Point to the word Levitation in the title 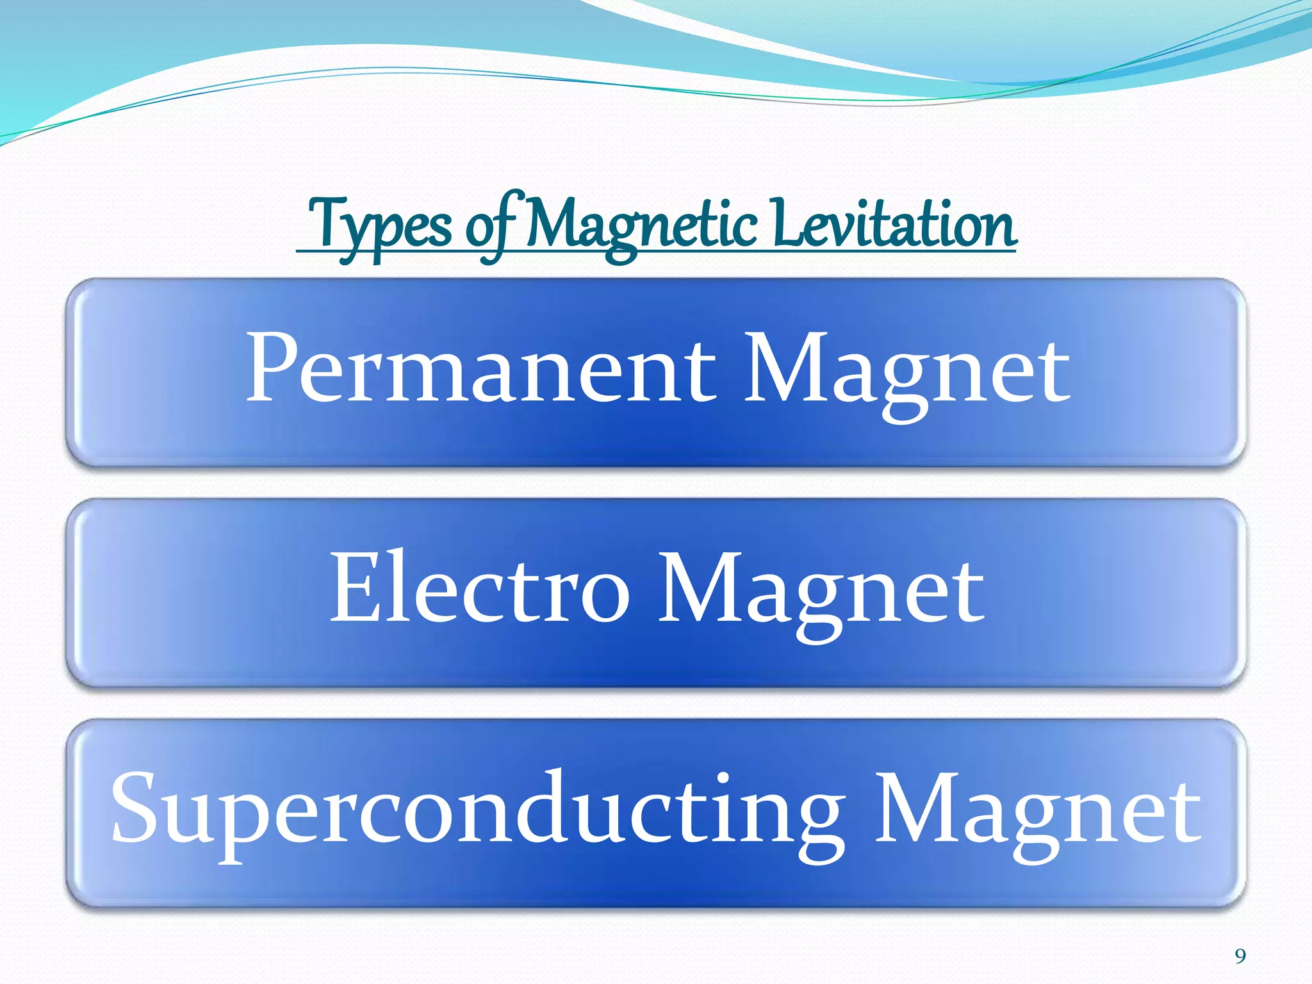coord(894,224)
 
